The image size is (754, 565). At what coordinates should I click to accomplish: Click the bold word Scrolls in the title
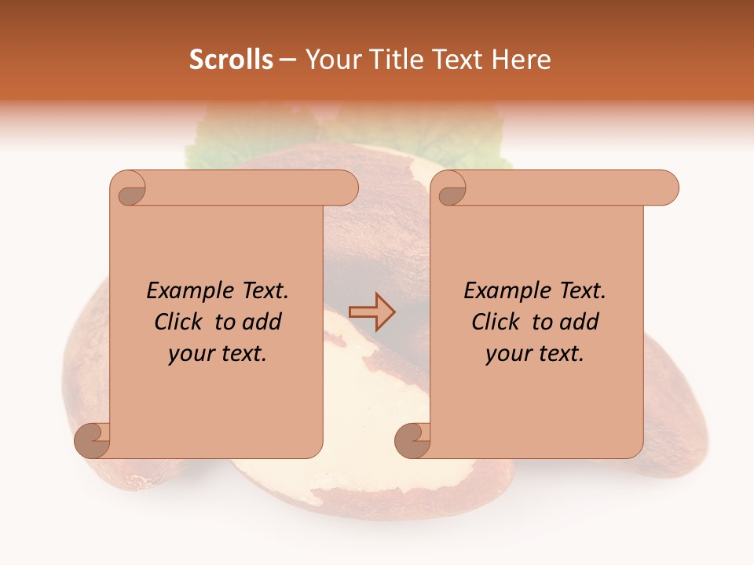point(231,59)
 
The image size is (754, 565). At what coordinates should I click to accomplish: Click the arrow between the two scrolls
point(372,312)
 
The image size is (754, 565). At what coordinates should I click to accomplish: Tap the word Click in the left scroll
point(181,322)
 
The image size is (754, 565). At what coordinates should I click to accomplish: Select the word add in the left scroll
point(262,322)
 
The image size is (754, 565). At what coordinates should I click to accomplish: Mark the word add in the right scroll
point(580,322)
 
